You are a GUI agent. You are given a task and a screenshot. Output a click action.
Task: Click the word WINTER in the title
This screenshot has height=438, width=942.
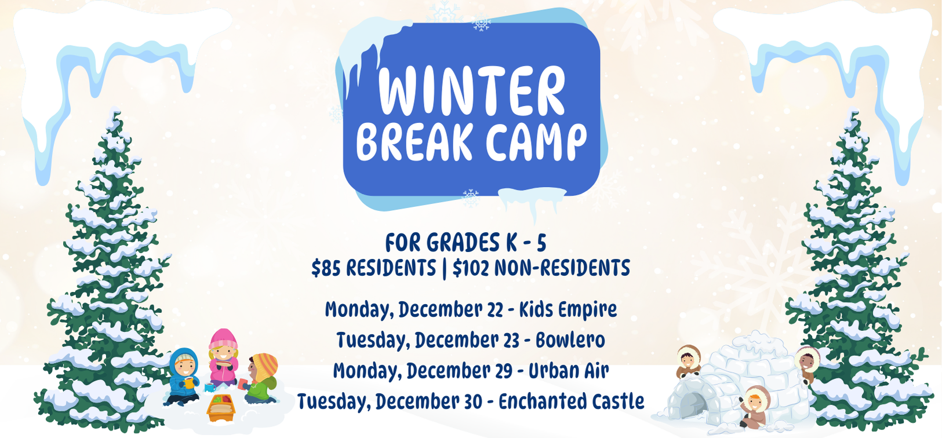click(471, 91)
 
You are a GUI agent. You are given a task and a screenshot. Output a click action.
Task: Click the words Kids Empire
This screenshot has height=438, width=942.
click(568, 309)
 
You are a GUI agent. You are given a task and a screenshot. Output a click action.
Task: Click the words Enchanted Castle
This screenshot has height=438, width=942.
click(571, 402)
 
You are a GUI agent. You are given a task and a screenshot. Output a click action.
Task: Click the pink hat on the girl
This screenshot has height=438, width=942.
click(223, 338)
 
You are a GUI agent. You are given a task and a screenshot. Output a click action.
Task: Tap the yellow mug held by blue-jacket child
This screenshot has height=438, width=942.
click(188, 382)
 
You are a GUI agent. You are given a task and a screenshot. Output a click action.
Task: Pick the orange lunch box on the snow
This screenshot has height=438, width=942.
click(221, 407)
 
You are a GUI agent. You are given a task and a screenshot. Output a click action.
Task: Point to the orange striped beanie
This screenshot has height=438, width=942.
click(265, 366)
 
